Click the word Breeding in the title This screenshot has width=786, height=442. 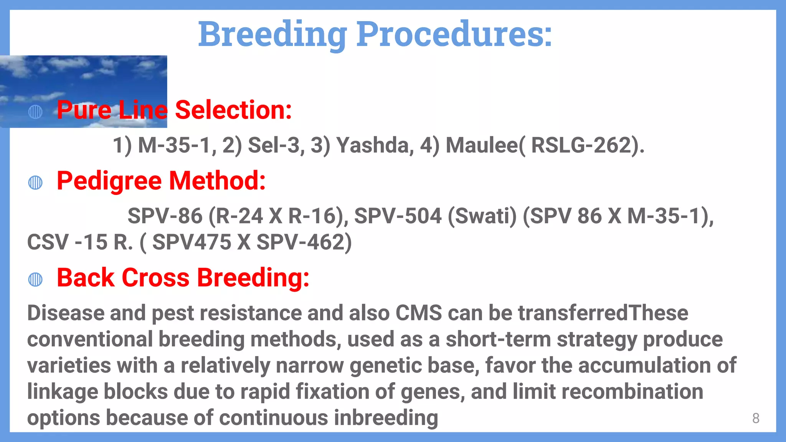272,35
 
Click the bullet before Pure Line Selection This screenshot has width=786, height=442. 35,112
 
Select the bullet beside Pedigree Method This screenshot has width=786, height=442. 35,183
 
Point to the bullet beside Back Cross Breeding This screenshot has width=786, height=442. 35,279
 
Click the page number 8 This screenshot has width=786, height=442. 756,418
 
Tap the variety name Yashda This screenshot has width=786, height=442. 375,145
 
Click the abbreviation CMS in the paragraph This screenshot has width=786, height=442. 419,313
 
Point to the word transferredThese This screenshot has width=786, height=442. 603,313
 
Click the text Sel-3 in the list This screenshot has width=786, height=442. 274,145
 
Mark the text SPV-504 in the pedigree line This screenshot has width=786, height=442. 398,216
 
